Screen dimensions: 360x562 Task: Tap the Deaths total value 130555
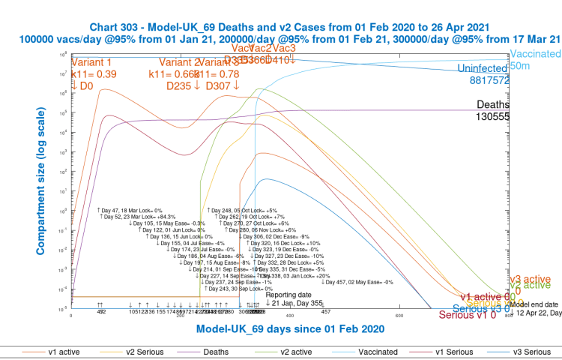point(492,116)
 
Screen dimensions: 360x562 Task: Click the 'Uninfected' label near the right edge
point(483,68)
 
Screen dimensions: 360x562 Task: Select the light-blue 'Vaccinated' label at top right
point(535,55)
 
